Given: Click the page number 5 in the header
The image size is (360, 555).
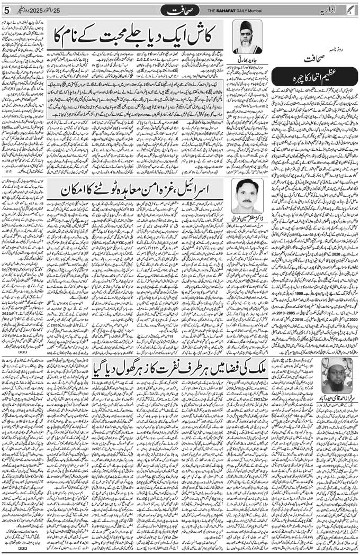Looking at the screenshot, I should point(6,11).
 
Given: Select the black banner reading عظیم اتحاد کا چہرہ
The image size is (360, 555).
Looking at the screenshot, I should point(323,77).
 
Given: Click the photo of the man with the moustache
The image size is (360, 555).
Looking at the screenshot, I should point(247,196).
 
